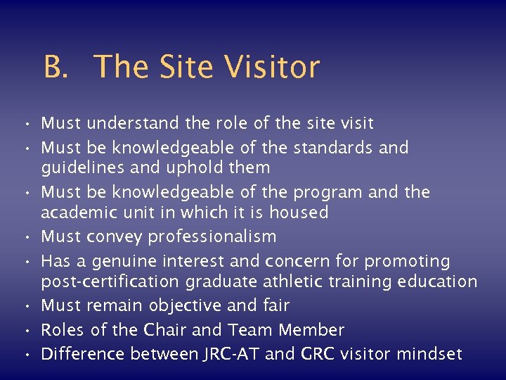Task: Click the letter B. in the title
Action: (x=57, y=68)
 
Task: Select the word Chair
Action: (x=164, y=330)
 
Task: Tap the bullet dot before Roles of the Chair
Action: (x=25, y=331)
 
